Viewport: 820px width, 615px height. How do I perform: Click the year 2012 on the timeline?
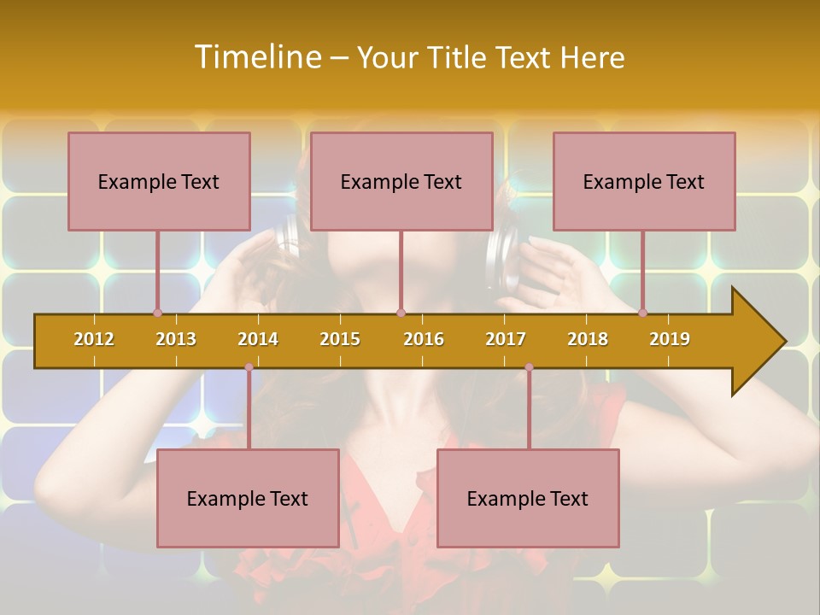click(94, 339)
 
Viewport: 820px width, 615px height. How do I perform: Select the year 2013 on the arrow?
click(176, 339)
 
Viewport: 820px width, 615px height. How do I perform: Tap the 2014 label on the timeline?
click(258, 339)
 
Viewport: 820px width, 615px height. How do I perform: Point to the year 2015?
click(340, 339)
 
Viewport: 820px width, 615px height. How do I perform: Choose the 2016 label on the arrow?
click(424, 339)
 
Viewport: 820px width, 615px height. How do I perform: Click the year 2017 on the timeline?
click(506, 339)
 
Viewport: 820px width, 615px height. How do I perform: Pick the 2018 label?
click(588, 339)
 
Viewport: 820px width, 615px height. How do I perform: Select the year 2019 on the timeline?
click(670, 339)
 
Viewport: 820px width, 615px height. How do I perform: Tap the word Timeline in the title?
click(257, 57)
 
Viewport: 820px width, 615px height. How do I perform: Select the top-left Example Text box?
click(159, 181)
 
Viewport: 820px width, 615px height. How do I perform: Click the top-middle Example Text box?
click(401, 181)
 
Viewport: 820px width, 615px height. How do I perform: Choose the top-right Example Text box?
click(644, 181)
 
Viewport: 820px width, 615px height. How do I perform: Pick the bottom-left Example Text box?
click(248, 498)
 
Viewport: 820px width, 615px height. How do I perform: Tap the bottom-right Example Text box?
click(528, 498)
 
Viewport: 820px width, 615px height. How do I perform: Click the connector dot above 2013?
click(157, 313)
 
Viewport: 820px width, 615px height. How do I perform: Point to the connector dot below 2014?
click(249, 367)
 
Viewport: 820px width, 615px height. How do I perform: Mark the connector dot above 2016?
click(401, 313)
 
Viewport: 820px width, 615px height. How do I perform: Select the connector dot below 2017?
click(529, 367)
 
